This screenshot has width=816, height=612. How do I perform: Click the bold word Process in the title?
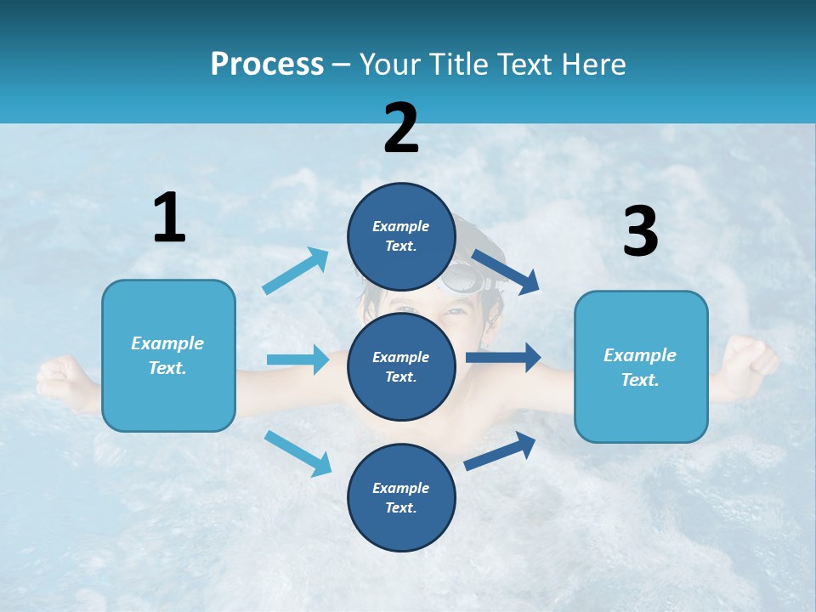coord(267,65)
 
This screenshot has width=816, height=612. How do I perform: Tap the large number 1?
coord(169,218)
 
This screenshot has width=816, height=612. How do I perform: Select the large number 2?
coord(401,128)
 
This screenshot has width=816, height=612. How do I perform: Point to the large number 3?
coord(641,232)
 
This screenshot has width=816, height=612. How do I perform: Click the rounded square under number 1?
coord(168,355)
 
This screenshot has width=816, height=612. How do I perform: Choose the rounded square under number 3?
coord(641,366)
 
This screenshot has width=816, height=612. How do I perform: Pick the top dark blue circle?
coord(401,236)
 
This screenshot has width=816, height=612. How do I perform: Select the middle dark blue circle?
coord(401,366)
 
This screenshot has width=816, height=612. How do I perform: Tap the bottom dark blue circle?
coord(401,497)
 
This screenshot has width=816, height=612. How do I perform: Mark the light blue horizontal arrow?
coord(298,360)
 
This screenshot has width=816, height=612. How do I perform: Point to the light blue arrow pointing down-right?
coord(298,453)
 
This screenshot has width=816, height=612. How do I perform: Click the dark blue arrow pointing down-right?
coord(507,272)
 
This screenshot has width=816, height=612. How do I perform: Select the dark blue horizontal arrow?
coord(503,357)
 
